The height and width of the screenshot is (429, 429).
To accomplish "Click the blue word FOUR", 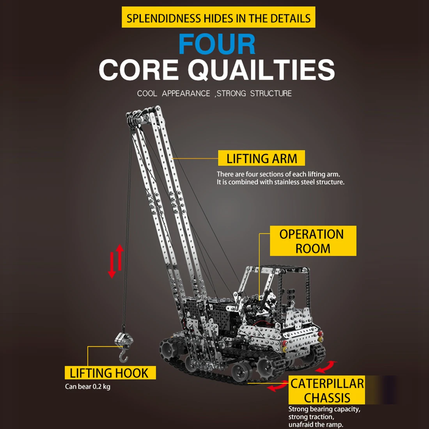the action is [x=217, y=44].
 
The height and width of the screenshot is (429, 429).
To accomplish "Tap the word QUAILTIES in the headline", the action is [x=261, y=70].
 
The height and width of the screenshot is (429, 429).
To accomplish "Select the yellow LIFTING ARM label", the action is [x=261, y=158].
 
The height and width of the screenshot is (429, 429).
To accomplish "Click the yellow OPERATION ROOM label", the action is [x=312, y=241].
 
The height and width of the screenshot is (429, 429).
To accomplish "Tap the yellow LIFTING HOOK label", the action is [x=110, y=373].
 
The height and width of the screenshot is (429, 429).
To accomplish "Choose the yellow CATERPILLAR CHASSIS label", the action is [x=327, y=390].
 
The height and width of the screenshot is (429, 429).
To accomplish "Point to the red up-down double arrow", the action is [x=116, y=261].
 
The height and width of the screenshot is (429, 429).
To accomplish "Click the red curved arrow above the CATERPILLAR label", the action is [x=326, y=367].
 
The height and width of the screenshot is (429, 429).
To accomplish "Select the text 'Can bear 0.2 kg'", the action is [x=87, y=387].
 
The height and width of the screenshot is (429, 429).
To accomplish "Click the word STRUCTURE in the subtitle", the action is [x=271, y=94].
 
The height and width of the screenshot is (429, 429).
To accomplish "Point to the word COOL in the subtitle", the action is [x=147, y=94].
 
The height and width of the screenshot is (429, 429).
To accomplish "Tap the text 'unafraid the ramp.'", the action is [x=316, y=424].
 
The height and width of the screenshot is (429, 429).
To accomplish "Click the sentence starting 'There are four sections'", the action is [x=278, y=174].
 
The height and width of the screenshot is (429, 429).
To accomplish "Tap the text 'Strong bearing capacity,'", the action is [x=324, y=409].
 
